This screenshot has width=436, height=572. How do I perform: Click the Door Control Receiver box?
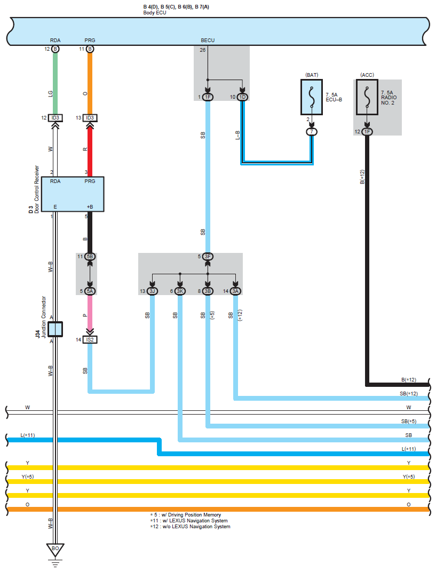pyautogui.click(x=73, y=194)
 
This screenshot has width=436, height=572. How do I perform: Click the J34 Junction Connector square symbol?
pyautogui.click(x=56, y=329)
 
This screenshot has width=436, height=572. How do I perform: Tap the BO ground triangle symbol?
pyautogui.click(x=55, y=550)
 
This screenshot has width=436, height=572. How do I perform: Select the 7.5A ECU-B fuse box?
pyautogui.click(x=312, y=98)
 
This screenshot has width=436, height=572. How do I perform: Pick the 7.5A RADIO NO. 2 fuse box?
pyautogui.click(x=367, y=98)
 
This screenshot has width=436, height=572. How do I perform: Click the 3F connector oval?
pyautogui.click(x=208, y=257)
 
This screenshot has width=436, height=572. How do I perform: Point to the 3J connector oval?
pyautogui.click(x=153, y=291)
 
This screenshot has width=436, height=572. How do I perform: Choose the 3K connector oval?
pyautogui.click(x=180, y=291)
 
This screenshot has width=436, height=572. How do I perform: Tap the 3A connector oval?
pyautogui.click(x=235, y=291)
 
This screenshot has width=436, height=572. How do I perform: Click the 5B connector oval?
pyautogui.click(x=90, y=257)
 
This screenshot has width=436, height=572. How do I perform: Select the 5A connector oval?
pyautogui.click(x=90, y=291)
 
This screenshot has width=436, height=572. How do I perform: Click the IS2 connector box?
pyautogui.click(x=90, y=339)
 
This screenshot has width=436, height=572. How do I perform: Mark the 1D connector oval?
pyautogui.click(x=242, y=97)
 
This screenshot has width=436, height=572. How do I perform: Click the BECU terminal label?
pyautogui.click(x=208, y=40)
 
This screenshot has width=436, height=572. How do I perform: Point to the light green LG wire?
pyautogui.click(x=55, y=83)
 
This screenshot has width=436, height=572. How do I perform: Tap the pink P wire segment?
pyautogui.click(x=90, y=312)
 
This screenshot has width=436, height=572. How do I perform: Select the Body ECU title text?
pyautogui.click(x=155, y=13)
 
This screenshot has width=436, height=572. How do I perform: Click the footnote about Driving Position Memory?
pyautogui.click(x=186, y=515)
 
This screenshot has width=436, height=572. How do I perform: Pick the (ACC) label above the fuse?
pyautogui.click(x=367, y=75)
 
